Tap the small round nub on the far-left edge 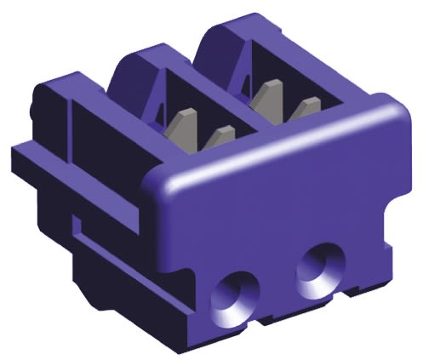pos(31,111)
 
